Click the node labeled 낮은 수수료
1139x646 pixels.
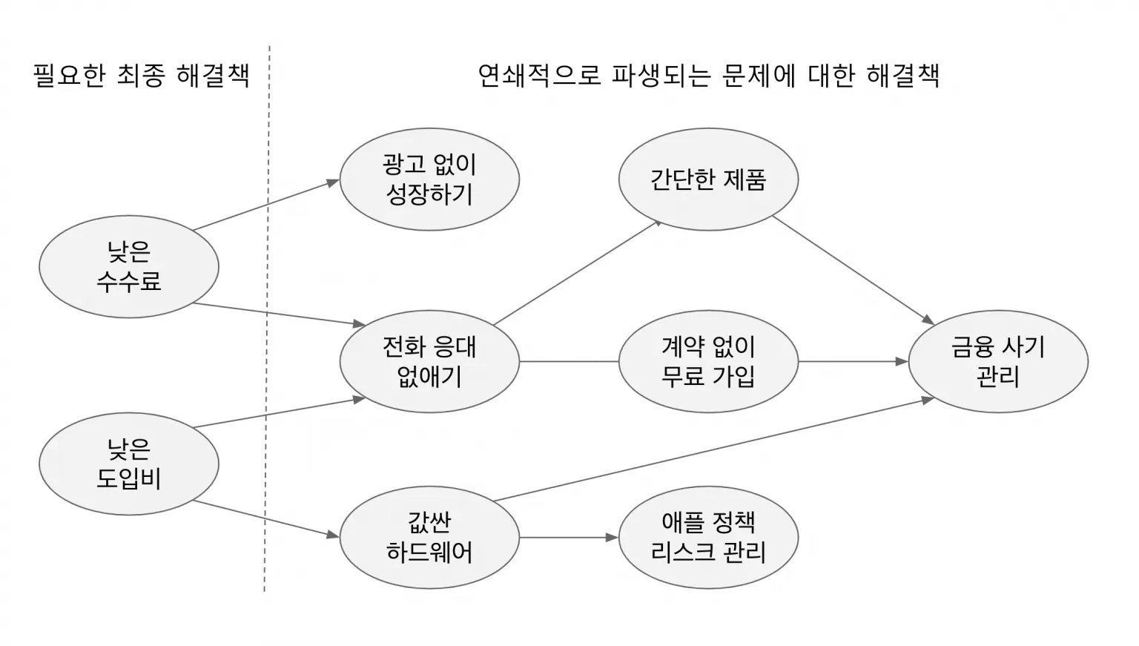pyautogui.click(x=128, y=266)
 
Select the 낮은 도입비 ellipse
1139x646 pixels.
pyautogui.click(x=128, y=464)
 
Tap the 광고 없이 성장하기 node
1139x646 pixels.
pyautogui.click(x=429, y=179)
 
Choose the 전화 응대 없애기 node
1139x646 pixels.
pyautogui.click(x=429, y=361)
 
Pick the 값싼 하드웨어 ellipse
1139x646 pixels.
pyautogui.click(x=429, y=538)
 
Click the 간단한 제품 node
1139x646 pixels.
pyautogui.click(x=708, y=179)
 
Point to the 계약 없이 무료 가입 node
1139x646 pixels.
pyautogui.click(x=708, y=361)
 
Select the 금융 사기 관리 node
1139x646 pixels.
pyautogui.click(x=997, y=361)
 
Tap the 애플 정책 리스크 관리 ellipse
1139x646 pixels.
pyautogui.click(x=708, y=538)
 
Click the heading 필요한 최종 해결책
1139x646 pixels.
pyautogui.click(x=141, y=76)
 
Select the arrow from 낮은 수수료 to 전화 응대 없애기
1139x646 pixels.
pyautogui.click(x=278, y=314)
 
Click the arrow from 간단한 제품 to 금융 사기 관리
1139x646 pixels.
pyautogui.click(x=853, y=269)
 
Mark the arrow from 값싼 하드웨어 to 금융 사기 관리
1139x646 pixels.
pyautogui.click(x=712, y=449)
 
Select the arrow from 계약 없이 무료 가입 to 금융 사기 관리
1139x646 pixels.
pyautogui.click(x=853, y=361)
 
